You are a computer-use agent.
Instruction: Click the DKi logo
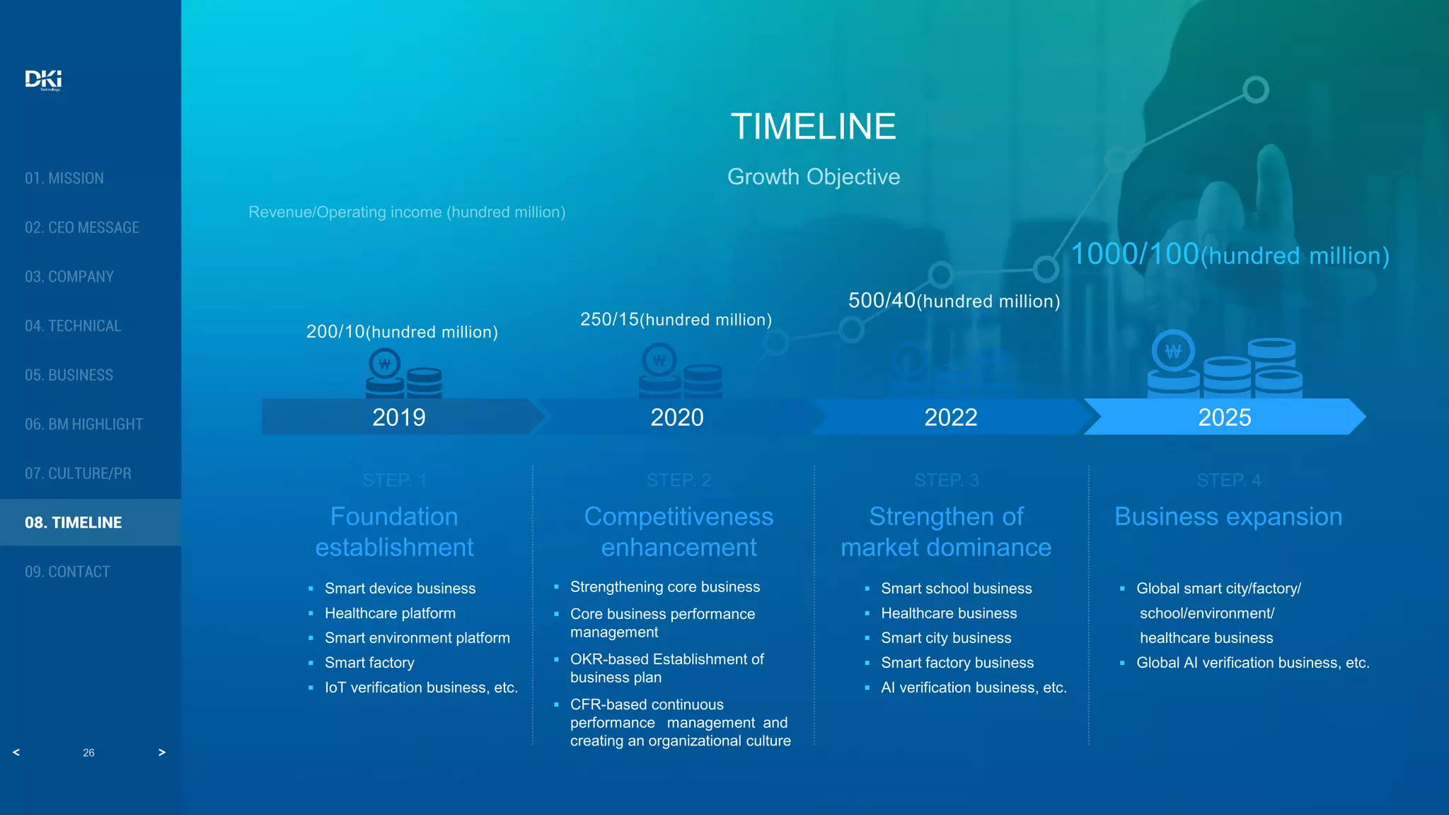pos(43,79)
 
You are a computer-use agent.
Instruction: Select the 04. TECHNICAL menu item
pos(73,326)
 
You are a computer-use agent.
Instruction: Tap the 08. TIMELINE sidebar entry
pos(74,523)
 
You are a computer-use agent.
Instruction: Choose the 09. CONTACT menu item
pos(67,572)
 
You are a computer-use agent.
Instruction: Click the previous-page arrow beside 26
pos(16,752)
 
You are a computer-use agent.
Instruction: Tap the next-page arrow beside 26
pos(162,752)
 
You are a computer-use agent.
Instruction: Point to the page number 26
pos(88,753)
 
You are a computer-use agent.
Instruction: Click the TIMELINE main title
pos(813,127)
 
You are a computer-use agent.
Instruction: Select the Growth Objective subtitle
pos(813,177)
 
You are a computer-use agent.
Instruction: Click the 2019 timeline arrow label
pos(398,417)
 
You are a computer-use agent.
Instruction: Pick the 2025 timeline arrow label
pos(1224,417)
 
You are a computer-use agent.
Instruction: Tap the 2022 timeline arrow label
pos(950,417)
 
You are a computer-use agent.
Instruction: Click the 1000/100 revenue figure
pos(1134,255)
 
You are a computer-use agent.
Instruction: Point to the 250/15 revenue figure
pos(609,320)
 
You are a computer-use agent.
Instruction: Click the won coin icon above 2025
pos(1172,351)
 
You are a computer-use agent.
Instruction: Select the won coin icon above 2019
pos(385,364)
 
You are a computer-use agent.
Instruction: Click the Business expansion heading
pos(1228,517)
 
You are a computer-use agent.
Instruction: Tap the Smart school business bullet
pos(956,589)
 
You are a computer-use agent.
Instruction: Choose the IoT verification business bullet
pos(421,688)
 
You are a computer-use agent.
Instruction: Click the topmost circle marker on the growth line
pos(1255,90)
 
